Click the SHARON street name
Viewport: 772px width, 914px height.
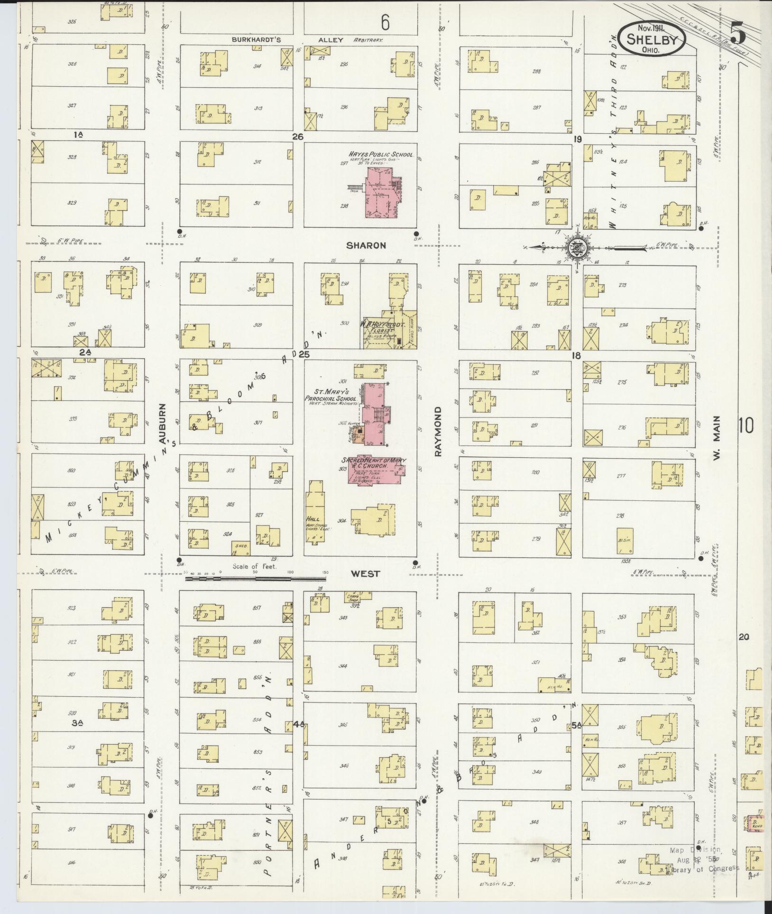pyautogui.click(x=366, y=246)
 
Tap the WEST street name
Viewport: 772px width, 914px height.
pyautogui.click(x=365, y=573)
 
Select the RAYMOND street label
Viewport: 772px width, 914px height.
pyautogui.click(x=438, y=431)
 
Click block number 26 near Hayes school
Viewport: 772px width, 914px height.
pyautogui.click(x=297, y=137)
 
